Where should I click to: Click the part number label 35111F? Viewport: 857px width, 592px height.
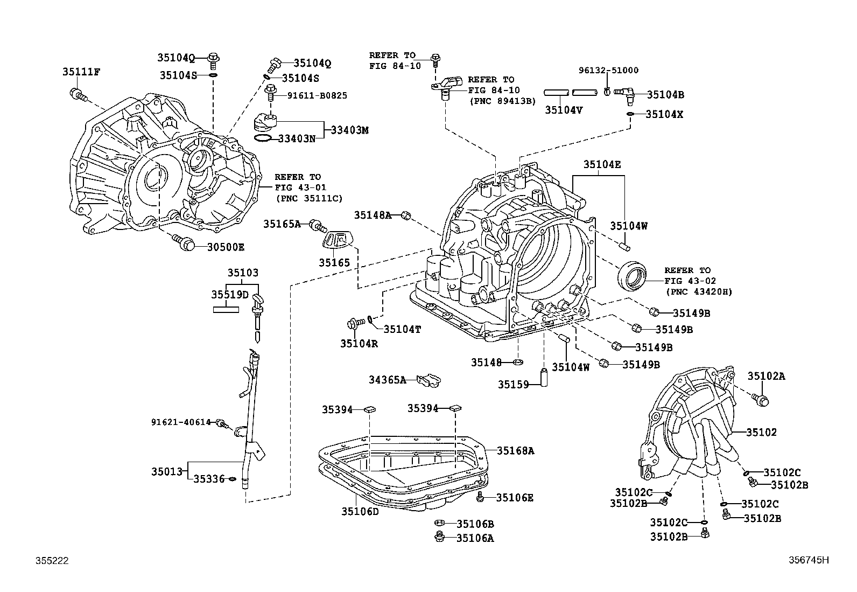click(81, 71)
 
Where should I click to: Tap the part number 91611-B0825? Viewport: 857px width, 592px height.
click(317, 95)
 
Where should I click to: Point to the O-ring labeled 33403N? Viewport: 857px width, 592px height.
click(262, 139)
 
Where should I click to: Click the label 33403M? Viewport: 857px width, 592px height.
click(350, 130)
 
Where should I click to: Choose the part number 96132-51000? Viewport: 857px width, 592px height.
click(608, 71)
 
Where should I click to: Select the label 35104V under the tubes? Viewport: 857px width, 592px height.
click(564, 110)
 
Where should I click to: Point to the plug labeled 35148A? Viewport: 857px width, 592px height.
click(406, 215)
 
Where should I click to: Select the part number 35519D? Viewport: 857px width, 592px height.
click(230, 295)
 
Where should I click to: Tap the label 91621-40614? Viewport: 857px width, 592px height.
click(181, 422)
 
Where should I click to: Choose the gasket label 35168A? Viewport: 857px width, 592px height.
click(515, 451)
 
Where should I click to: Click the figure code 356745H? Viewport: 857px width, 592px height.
click(805, 560)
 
